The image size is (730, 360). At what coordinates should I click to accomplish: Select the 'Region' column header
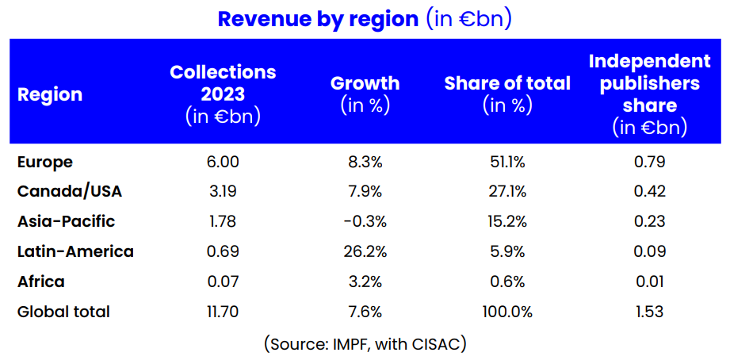(x=50, y=94)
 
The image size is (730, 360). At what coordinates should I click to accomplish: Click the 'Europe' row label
(x=45, y=162)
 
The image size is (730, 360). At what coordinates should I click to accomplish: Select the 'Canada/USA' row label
(x=70, y=191)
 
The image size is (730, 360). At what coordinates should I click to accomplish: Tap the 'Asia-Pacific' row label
(x=66, y=221)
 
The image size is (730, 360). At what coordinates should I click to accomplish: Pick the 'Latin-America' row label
(x=75, y=251)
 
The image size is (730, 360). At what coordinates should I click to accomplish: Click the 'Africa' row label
(x=41, y=281)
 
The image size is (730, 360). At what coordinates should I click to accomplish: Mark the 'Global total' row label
(x=63, y=312)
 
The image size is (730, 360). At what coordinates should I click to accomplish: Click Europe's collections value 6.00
(x=223, y=162)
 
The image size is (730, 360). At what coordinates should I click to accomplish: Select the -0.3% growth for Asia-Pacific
(x=365, y=221)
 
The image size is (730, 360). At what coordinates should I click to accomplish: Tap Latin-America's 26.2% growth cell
(x=365, y=251)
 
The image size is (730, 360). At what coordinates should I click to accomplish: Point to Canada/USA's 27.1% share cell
(x=507, y=191)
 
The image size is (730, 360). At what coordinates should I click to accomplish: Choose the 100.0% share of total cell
(x=507, y=312)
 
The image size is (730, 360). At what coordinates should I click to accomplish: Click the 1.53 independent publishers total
(x=649, y=312)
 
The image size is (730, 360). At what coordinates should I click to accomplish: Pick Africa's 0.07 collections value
(x=223, y=281)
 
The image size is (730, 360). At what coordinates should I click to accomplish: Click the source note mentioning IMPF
(x=365, y=344)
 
